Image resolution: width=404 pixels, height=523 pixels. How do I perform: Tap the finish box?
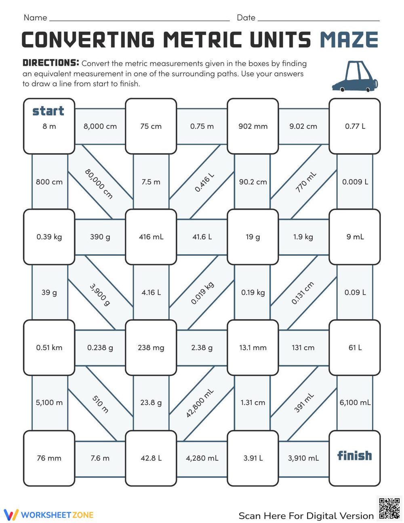[x=355, y=458]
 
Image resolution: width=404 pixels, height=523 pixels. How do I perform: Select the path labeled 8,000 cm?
[x=100, y=126]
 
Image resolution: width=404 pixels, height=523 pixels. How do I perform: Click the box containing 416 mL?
[x=151, y=237]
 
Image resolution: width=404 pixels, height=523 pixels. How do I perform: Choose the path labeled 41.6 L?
[x=202, y=237]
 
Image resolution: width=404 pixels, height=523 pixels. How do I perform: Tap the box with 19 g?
[x=253, y=237]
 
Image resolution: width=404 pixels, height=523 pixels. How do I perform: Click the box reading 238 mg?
[x=151, y=348]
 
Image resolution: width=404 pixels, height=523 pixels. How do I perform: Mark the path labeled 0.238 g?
[x=100, y=348]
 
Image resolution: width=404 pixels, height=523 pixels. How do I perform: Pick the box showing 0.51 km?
[x=49, y=348]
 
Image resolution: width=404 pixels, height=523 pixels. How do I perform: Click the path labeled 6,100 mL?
[x=355, y=403]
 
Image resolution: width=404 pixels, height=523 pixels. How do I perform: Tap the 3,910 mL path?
[x=303, y=458]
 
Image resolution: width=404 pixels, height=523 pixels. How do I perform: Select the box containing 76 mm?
[x=49, y=458]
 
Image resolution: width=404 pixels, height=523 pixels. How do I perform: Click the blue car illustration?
[x=355, y=77]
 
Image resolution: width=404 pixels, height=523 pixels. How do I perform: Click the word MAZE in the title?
[x=349, y=40]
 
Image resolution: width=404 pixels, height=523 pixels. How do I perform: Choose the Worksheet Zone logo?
[x=49, y=515]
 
